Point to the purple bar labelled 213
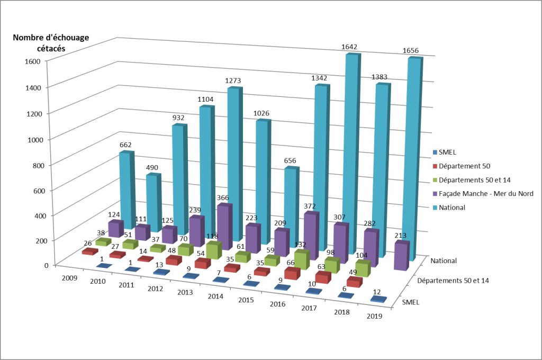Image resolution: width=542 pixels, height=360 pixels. click(x=401, y=257)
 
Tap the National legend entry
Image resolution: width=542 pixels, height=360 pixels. click(x=451, y=208)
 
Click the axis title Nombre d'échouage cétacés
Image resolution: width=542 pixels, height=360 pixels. click(x=51, y=42)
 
